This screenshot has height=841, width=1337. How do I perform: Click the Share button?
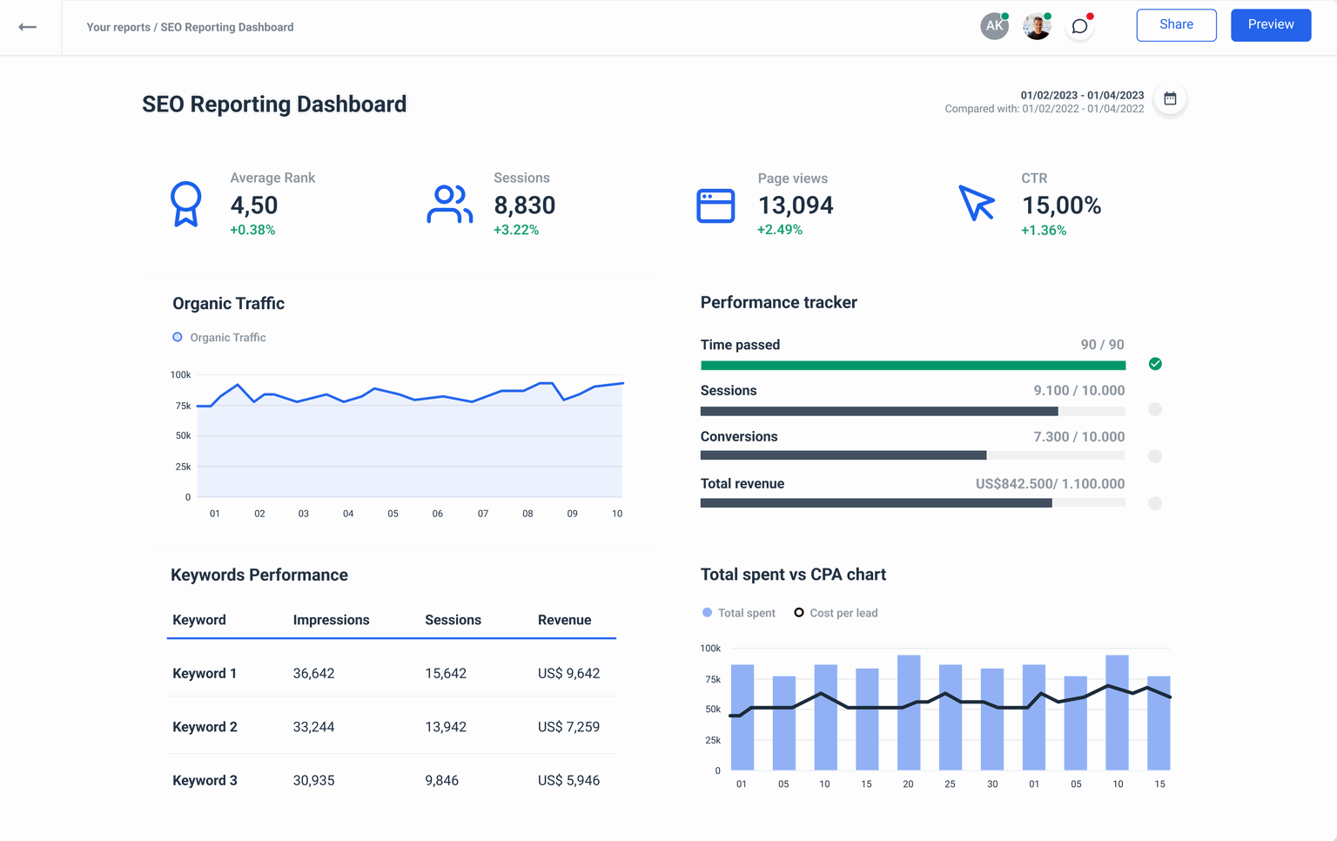coord(1176,25)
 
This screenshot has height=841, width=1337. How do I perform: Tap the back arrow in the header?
coord(28,27)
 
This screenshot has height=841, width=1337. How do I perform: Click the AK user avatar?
coord(994,26)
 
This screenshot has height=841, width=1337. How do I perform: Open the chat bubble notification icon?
coord(1079,27)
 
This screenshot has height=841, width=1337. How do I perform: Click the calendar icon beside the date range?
coord(1170,99)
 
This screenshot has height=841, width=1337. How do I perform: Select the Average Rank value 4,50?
coord(253,205)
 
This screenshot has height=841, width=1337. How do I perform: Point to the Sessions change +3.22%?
coord(516,230)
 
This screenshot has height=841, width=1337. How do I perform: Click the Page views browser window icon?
coord(716,206)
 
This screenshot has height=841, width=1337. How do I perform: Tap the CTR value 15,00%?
coord(1061,205)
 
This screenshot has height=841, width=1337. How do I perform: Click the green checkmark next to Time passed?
coord(1155,364)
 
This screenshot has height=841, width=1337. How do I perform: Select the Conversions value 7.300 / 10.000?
coord(1078,437)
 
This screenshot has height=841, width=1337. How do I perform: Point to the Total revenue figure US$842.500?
coord(1015,484)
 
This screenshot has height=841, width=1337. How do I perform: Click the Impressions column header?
coord(331,620)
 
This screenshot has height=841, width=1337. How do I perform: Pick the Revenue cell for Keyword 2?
coord(568,727)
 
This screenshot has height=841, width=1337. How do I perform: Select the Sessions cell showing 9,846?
coord(441,781)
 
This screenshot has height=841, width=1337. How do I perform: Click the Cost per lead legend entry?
coord(836,613)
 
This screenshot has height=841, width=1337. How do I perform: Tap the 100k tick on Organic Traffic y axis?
coord(180,375)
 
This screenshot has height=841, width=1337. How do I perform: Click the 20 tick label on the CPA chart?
coord(908,784)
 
